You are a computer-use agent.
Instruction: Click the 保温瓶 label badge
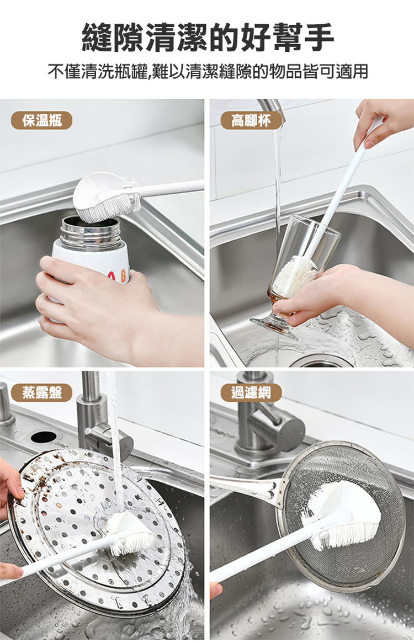(41, 120)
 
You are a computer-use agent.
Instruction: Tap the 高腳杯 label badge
(251, 120)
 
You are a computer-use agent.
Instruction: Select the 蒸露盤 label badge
(41, 393)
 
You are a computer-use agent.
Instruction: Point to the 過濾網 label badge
(251, 393)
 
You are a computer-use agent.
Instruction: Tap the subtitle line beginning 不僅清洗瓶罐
(208, 71)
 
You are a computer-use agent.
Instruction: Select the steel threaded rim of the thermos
(91, 233)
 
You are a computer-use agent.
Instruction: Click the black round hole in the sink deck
(44, 437)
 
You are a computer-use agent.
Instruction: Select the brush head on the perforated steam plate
(129, 532)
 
